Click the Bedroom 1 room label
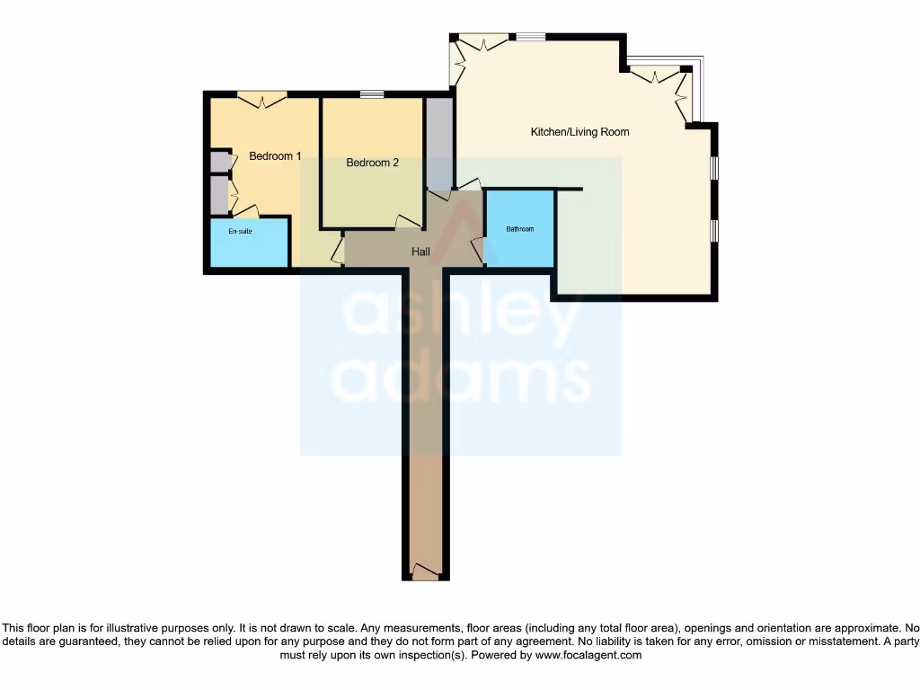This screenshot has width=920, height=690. [x=275, y=156]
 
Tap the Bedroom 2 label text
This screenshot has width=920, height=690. [x=372, y=163]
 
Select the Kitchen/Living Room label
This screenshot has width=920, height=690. [x=579, y=132]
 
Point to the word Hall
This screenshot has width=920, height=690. [x=420, y=252]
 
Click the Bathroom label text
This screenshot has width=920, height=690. [x=519, y=229]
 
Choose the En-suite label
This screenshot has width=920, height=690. [x=240, y=232]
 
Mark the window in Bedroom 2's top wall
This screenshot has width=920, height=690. [x=372, y=94]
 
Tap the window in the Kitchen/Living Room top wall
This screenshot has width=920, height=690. [x=530, y=37]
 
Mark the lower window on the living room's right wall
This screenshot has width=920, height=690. [x=714, y=230]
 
